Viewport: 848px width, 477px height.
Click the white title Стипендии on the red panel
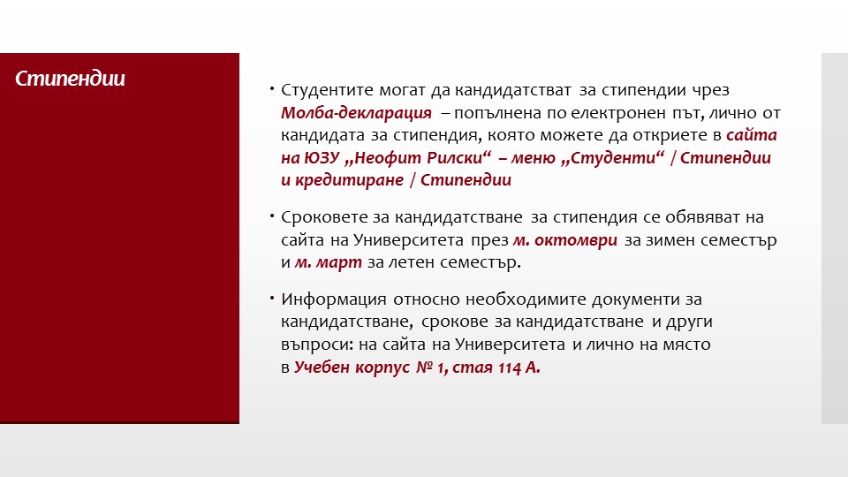[x=71, y=79]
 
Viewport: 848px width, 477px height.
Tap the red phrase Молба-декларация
[x=356, y=113]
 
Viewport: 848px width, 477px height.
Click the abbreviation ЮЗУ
[x=322, y=158]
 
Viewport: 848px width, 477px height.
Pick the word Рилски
[x=458, y=158]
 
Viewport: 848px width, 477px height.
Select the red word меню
[x=534, y=158]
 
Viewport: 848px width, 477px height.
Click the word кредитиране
[x=350, y=180]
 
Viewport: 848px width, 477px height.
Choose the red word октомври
[x=576, y=240]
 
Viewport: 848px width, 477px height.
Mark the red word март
[x=339, y=262]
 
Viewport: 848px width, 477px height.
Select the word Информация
[x=334, y=299]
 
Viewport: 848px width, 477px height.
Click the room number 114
[x=510, y=367]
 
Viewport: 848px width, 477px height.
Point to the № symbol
[x=425, y=367]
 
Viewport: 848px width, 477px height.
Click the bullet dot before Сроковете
[x=272, y=216]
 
